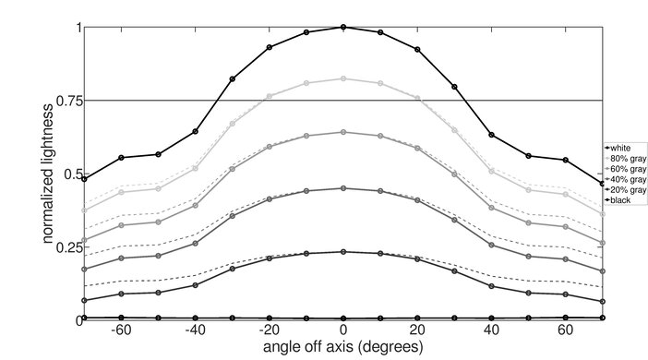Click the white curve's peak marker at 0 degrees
click(343, 27)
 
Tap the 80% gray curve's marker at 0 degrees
click(343, 78)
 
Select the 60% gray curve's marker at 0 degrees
click(343, 132)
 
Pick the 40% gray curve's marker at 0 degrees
click(343, 188)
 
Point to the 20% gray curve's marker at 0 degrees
click(343, 251)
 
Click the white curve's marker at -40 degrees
click(195, 131)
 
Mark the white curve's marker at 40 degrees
click(491, 135)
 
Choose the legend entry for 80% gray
click(625, 158)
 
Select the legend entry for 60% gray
click(625, 169)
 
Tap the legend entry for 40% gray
click(625, 179)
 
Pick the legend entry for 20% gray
click(625, 189)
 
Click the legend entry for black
click(619, 200)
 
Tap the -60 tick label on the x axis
click(119, 330)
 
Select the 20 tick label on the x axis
click(417, 330)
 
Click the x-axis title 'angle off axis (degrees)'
click(342, 348)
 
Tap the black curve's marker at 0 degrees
click(343, 318)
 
